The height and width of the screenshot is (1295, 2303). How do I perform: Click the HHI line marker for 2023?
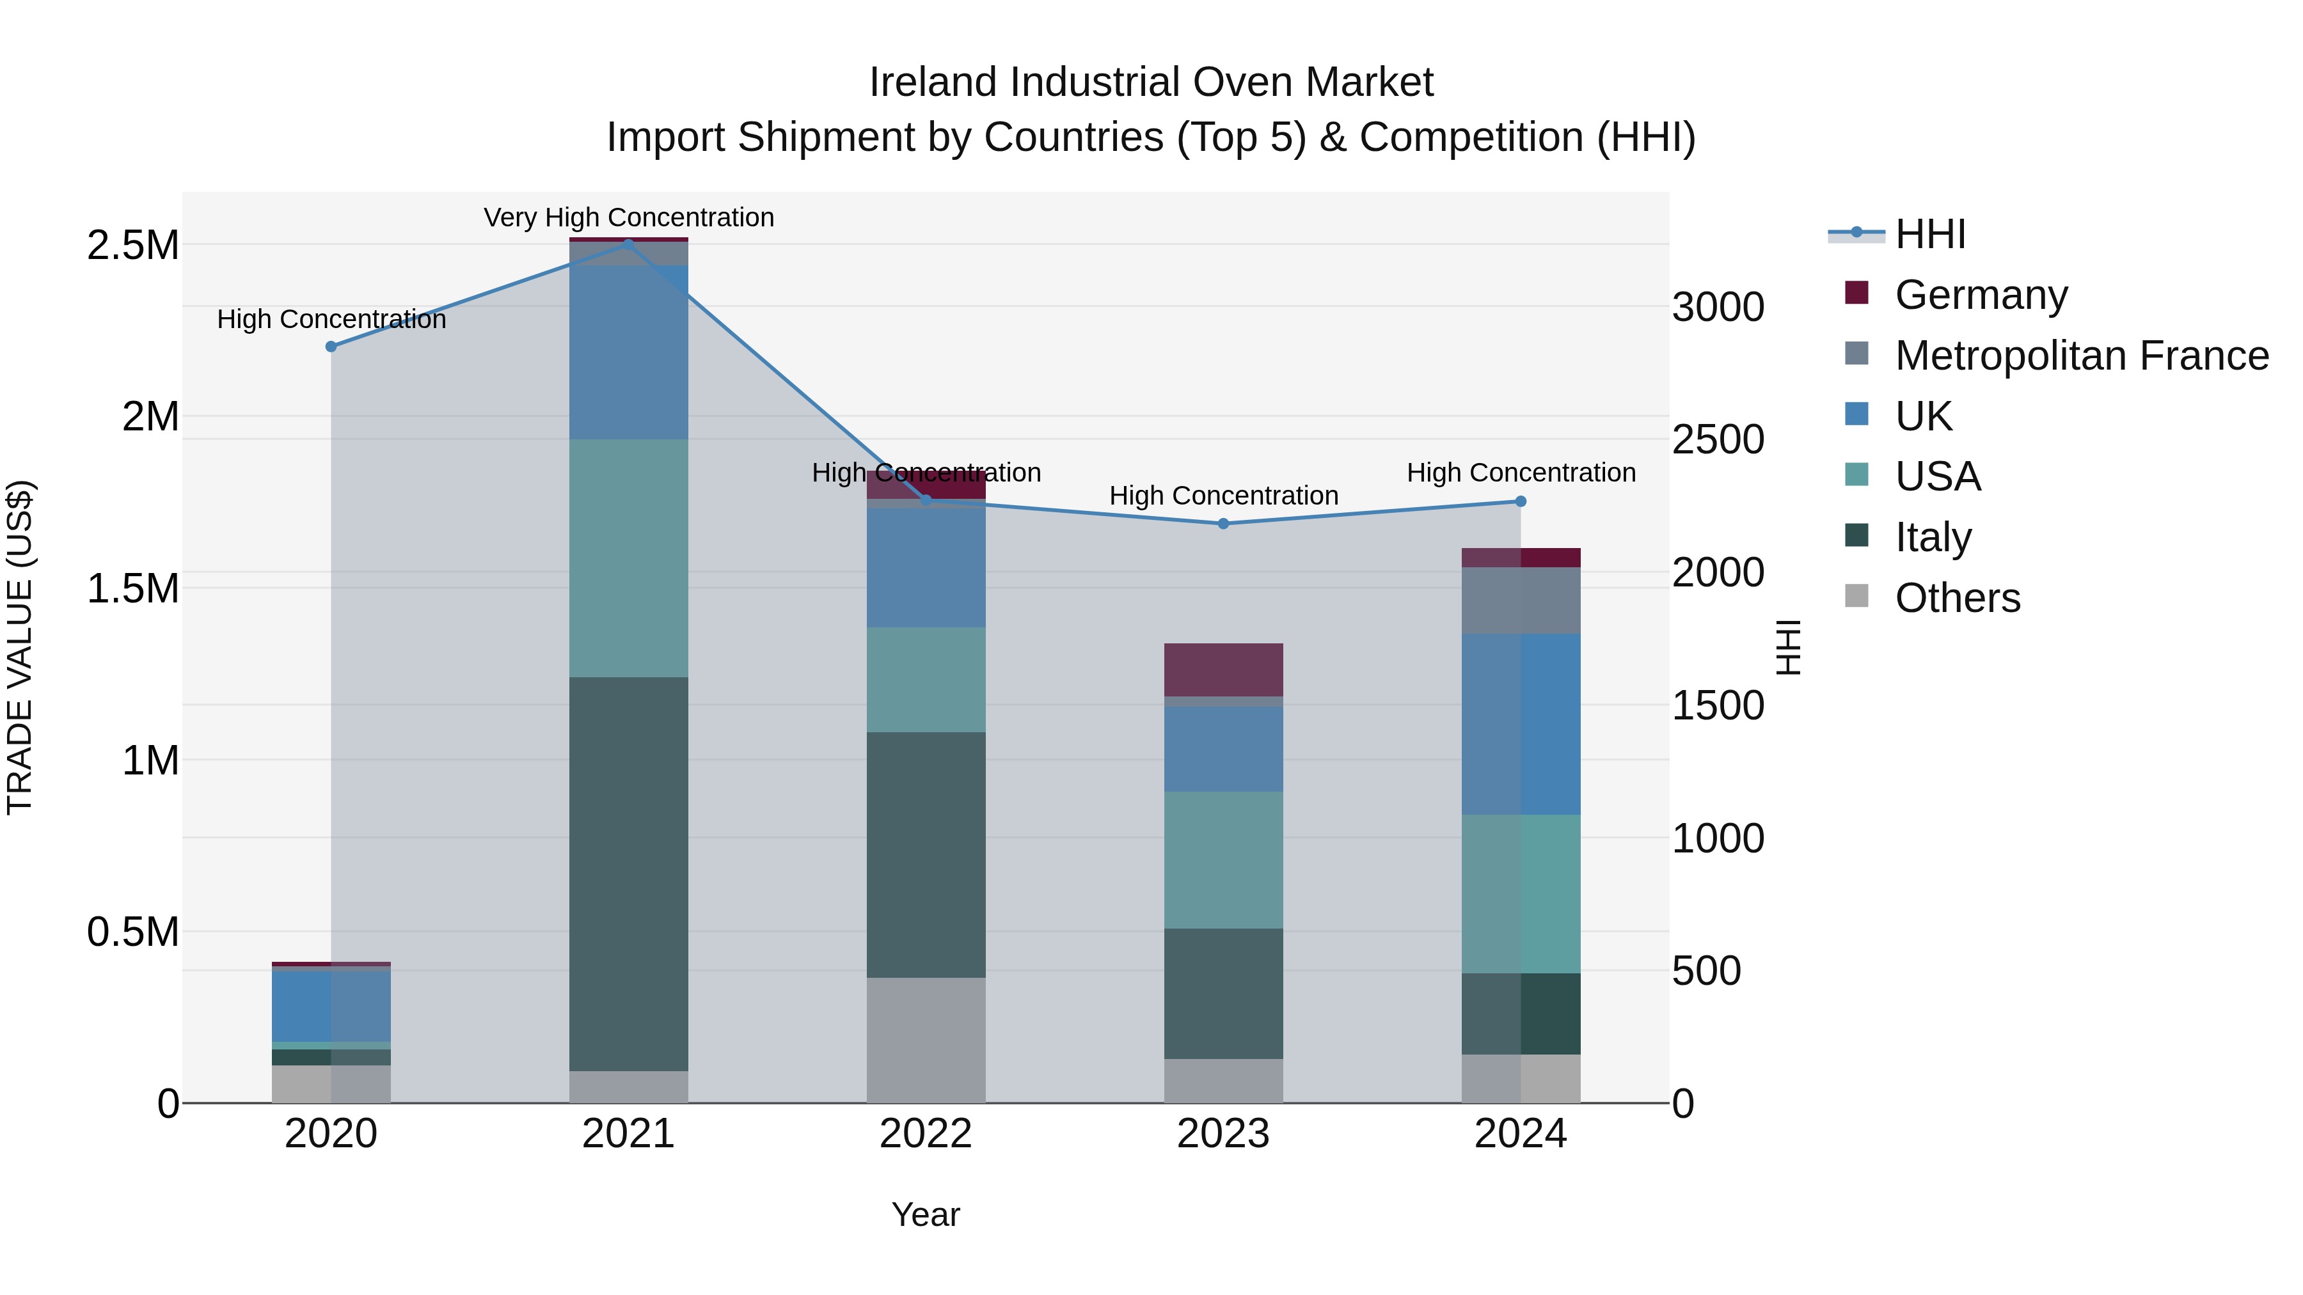tap(1223, 524)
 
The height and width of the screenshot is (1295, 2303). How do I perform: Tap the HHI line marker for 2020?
tap(331, 347)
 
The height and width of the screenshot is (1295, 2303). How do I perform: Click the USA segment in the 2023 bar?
tap(1223, 859)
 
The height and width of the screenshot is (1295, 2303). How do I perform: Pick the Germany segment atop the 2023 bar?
tap(1223, 670)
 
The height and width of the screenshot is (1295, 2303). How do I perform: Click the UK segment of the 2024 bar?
tap(1521, 724)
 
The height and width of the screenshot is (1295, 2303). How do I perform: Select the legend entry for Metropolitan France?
tap(2081, 356)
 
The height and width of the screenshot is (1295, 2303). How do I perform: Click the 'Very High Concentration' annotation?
tap(628, 217)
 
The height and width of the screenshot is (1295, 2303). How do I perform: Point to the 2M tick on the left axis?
tap(150, 416)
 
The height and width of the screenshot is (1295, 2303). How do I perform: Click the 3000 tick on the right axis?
tap(1718, 308)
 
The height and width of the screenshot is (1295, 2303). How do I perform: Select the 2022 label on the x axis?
tap(926, 1134)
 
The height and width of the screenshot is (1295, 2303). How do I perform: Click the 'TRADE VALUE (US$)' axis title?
tap(20, 647)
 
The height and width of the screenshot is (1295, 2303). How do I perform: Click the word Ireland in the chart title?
tap(933, 82)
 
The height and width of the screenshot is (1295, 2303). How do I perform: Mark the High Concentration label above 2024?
tap(1521, 473)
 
